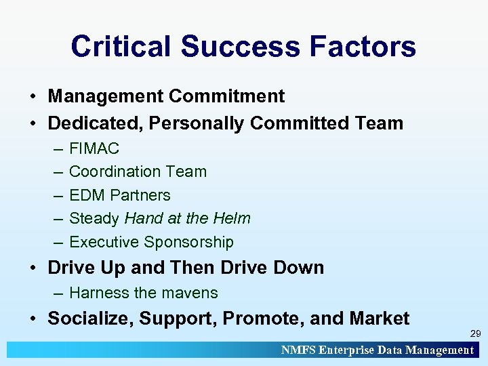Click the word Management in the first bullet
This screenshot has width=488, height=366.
(105, 96)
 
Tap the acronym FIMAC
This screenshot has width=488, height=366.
(94, 148)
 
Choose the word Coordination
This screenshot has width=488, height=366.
(112, 171)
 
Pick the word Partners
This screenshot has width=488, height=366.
(140, 195)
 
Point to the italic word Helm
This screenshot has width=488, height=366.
(232, 218)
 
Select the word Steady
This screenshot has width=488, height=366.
(94, 218)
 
